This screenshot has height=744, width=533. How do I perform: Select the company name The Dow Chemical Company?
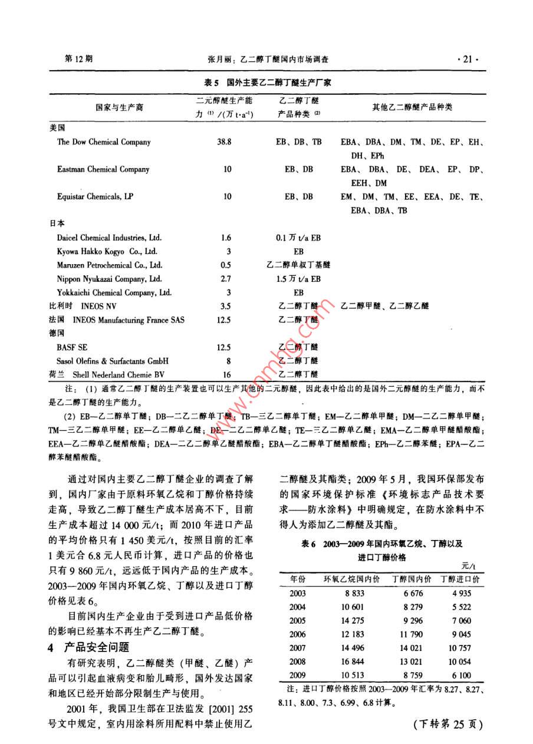[104, 142]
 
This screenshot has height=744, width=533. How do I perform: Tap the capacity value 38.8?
[225, 142]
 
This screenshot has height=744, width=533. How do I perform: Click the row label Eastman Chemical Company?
[103, 169]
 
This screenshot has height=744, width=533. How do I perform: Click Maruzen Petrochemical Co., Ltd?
[110, 265]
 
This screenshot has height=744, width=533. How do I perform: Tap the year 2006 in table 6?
[298, 634]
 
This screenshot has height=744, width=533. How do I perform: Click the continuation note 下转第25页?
[449, 725]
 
